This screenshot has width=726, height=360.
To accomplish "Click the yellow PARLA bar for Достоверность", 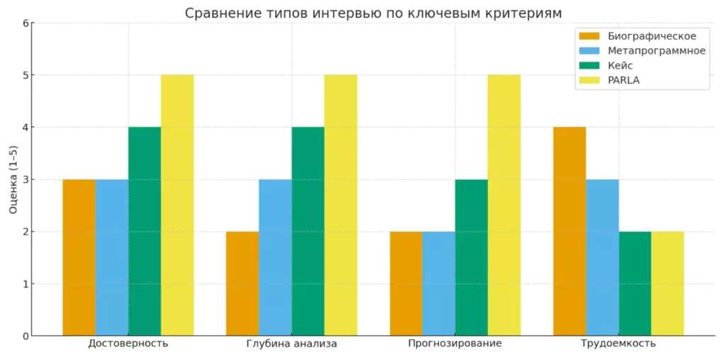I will pyautogui.click(x=177, y=205).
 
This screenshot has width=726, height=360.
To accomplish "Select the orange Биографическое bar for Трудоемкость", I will pyautogui.click(x=569, y=231).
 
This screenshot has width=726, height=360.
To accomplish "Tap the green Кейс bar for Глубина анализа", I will pyautogui.click(x=308, y=231).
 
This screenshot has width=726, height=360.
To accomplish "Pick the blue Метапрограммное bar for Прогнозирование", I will pyautogui.click(x=438, y=283).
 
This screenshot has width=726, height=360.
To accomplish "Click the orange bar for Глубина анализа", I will pyautogui.click(x=242, y=283).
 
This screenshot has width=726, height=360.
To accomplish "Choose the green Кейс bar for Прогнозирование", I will pyautogui.click(x=471, y=257).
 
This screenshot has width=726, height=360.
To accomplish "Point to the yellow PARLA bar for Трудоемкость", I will pyautogui.click(x=667, y=283).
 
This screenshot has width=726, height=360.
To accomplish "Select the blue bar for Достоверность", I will pyautogui.click(x=112, y=257).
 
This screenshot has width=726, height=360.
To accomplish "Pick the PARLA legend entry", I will pyautogui.click(x=624, y=80).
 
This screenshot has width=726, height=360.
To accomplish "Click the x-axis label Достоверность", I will pyautogui.click(x=128, y=344).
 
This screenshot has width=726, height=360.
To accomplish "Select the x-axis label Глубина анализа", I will pyautogui.click(x=291, y=344).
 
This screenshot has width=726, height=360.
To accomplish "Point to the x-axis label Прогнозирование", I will pyautogui.click(x=455, y=344).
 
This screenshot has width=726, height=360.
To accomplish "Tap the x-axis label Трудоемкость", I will pyautogui.click(x=618, y=344).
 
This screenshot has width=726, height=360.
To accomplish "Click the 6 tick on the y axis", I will pyautogui.click(x=25, y=23).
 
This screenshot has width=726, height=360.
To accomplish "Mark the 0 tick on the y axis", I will pyautogui.click(x=25, y=336).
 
